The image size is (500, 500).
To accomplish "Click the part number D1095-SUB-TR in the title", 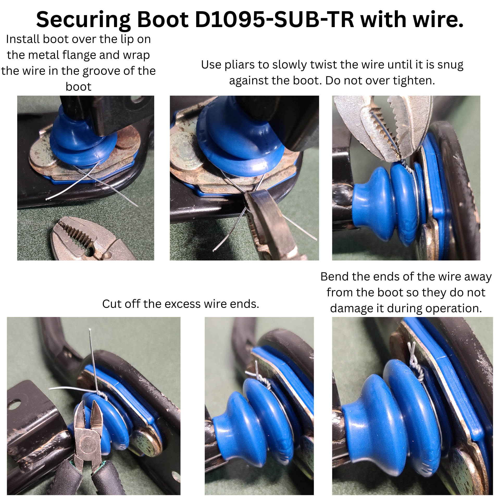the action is click(x=274, y=20).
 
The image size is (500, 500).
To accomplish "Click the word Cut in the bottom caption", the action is click(x=112, y=304).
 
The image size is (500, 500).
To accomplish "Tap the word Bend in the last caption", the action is click(x=335, y=277).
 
